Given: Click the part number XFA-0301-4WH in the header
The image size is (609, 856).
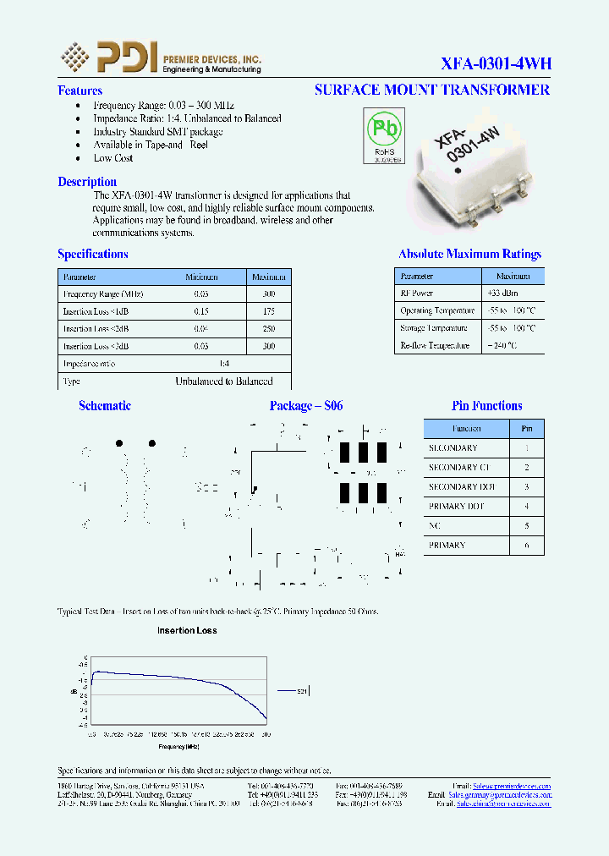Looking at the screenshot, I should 496,63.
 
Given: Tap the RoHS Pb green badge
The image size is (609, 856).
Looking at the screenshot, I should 383,136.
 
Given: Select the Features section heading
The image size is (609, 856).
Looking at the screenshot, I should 80,91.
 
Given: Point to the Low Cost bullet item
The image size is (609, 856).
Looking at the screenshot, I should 113,158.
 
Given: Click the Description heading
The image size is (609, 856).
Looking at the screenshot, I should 87,182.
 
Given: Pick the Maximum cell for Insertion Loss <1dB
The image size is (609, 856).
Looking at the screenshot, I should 269,312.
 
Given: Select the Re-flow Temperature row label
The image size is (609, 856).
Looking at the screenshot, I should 435,346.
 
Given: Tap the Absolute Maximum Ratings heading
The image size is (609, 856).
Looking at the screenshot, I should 469,254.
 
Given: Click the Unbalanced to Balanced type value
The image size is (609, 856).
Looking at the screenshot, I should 224,381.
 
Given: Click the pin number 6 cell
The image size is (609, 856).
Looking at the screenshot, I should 527,546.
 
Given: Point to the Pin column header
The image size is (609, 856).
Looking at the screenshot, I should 527,429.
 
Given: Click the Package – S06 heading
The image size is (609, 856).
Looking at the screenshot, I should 306,406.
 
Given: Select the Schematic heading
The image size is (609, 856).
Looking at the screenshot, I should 105,406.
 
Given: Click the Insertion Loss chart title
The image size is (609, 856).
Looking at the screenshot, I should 187,630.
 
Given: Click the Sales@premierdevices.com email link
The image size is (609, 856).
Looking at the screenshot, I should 512,786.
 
